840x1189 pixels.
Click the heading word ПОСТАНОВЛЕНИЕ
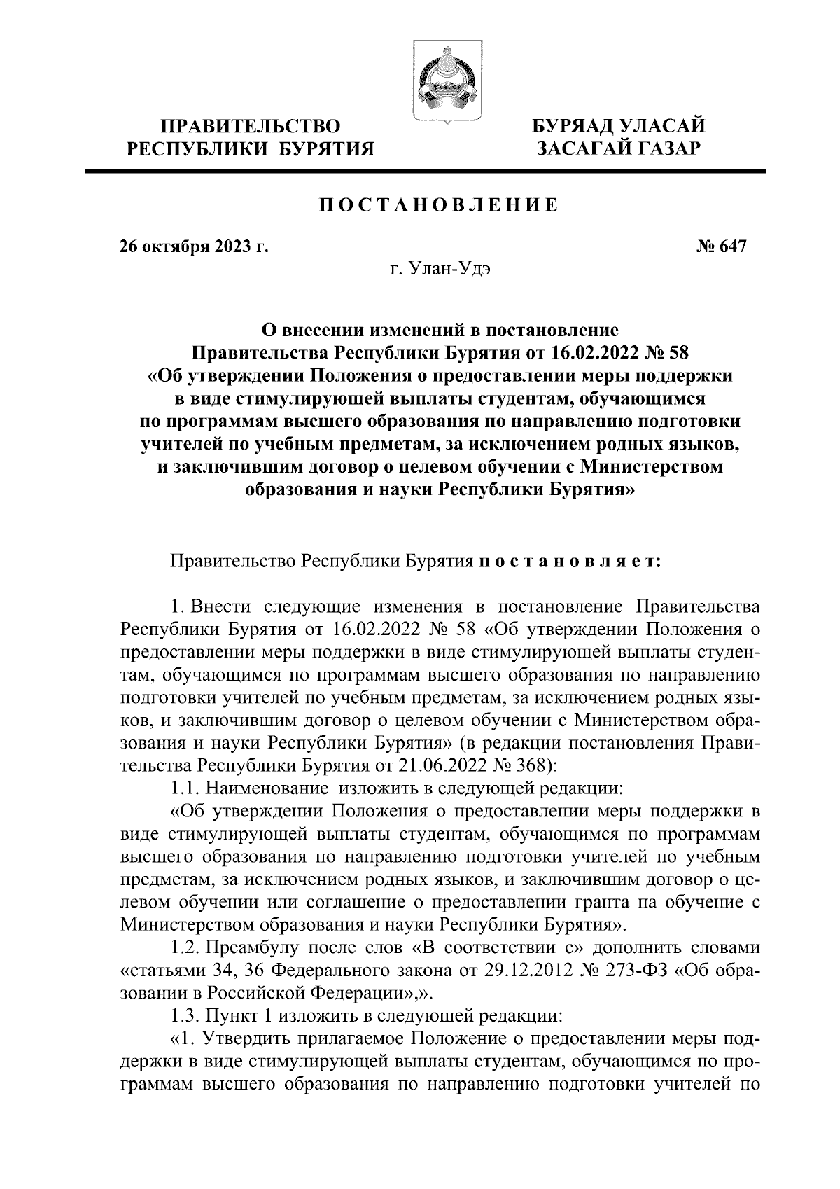click(439, 205)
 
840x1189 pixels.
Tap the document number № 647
click(722, 246)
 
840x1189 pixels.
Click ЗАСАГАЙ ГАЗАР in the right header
click(617, 148)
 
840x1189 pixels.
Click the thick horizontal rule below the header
click(426, 171)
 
